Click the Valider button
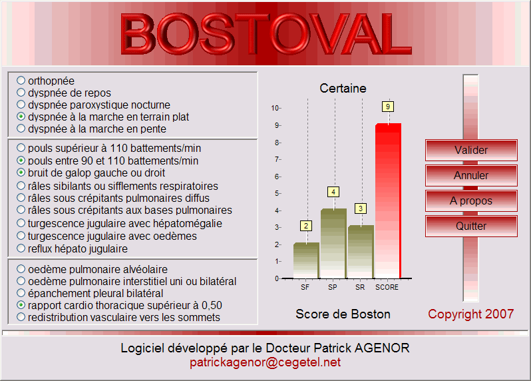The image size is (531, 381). [x=471, y=150]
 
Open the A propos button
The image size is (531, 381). [x=471, y=200]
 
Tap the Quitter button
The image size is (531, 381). [x=471, y=226]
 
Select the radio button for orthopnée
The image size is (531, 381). [x=21, y=81]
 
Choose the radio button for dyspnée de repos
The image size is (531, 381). [x=21, y=92]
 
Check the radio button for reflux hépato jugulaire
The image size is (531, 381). [x=21, y=248]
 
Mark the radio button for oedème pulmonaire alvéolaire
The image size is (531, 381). [x=21, y=269]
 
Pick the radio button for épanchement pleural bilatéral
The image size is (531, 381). [x=21, y=293]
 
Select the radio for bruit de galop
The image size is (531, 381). [x=21, y=173]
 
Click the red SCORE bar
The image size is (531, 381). [x=388, y=200]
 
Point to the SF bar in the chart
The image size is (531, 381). [x=306, y=260]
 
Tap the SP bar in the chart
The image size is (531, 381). [x=333, y=243]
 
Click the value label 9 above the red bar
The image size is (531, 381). [x=388, y=107]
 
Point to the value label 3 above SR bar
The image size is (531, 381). [x=361, y=208]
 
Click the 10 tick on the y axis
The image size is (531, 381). [x=275, y=108]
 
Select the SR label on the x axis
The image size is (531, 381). [x=360, y=287]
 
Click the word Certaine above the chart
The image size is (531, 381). [x=343, y=89]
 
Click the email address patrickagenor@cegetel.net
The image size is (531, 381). [x=265, y=362]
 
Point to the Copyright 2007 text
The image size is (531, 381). [x=470, y=314]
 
